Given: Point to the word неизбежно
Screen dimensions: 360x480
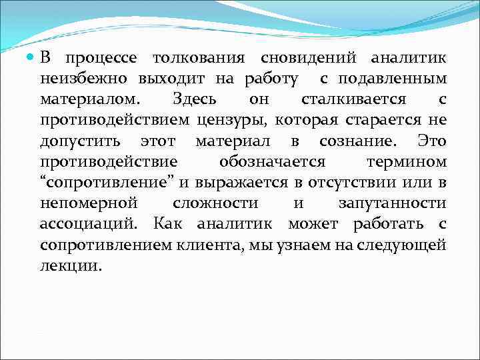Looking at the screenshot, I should coord(85,80).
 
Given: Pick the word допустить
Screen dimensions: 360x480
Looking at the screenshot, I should coord(80,142).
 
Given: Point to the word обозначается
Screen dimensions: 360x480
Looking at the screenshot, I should coord(272,163).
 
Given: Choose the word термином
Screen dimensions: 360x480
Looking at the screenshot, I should coord(407,163).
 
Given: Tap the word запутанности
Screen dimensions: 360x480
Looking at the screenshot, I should coord(392,204).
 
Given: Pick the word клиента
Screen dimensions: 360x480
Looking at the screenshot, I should coord(211,245).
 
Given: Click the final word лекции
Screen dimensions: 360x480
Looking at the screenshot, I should coord(71,266).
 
